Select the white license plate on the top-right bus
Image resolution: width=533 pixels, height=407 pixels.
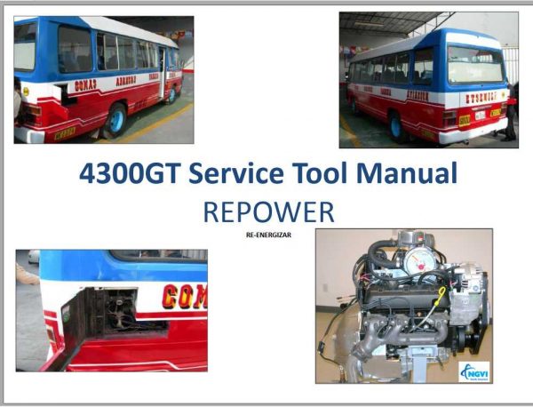click(480, 115)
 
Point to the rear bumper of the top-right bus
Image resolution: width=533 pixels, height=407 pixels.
click(473, 134)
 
